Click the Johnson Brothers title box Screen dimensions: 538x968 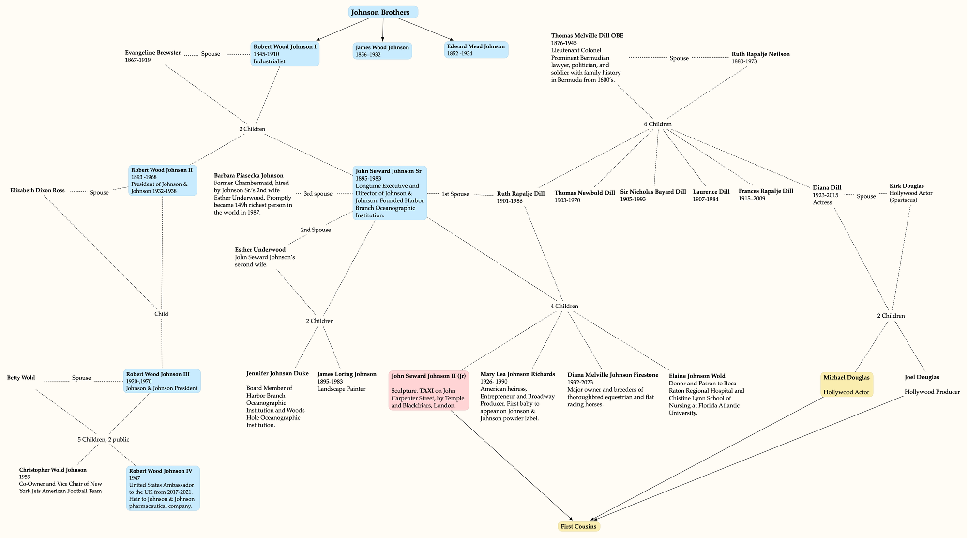[x=383, y=12]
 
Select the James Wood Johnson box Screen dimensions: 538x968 [x=382, y=51]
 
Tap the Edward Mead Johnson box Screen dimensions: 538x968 [x=476, y=50]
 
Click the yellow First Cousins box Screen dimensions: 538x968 [x=578, y=526]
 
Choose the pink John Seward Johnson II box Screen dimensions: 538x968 [x=428, y=390]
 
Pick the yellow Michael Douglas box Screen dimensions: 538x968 [x=847, y=384]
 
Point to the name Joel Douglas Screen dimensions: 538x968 [x=922, y=377]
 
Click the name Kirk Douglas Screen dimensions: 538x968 [x=907, y=186]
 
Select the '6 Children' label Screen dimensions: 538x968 [x=657, y=124]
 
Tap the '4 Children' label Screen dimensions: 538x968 [x=564, y=306]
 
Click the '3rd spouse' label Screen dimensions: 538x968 [x=318, y=194]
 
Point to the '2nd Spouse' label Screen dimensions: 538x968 [x=316, y=230]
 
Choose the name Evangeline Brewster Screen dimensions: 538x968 [x=152, y=53]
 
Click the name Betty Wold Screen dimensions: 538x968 [x=21, y=378]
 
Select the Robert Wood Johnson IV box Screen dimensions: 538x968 [x=163, y=488]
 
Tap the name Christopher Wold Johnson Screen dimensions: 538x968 [x=53, y=470]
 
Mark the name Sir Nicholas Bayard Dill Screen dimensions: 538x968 [x=653, y=192]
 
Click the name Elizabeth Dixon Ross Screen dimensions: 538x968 [x=37, y=190]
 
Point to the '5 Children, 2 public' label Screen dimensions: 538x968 [x=103, y=440]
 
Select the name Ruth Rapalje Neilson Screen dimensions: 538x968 [x=760, y=54]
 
